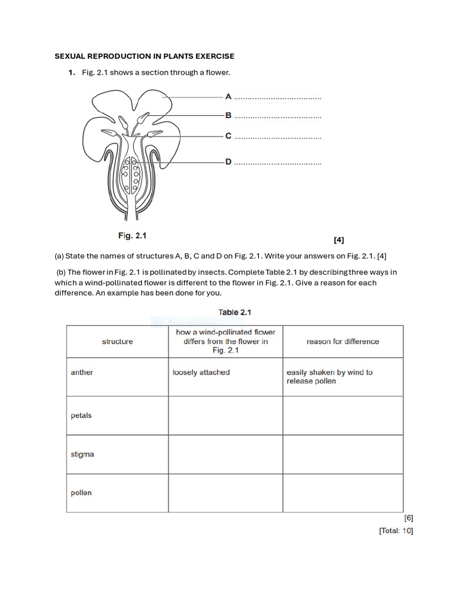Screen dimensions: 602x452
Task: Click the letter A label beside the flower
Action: click(228, 96)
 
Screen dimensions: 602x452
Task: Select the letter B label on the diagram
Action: click(228, 115)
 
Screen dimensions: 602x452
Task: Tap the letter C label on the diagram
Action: click(228, 136)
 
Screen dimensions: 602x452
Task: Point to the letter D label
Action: click(228, 162)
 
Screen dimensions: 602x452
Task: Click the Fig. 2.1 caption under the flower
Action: click(132, 236)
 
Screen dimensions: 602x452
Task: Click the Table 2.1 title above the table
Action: click(235, 312)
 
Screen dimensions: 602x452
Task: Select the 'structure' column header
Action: click(117, 342)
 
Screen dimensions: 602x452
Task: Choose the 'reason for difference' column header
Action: click(343, 342)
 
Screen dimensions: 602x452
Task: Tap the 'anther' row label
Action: click(82, 372)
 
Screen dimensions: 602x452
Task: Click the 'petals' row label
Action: click(81, 416)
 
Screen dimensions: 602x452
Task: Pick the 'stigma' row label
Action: click(82, 454)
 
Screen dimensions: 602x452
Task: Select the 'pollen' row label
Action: click(81, 493)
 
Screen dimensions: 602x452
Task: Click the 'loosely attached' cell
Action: click(201, 372)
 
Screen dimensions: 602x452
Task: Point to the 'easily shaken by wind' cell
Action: click(329, 376)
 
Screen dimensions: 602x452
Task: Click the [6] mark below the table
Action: click(408, 518)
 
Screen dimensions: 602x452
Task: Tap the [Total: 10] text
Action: click(396, 531)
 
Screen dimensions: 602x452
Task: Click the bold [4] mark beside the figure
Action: click(338, 240)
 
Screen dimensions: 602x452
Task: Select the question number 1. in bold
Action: click(71, 72)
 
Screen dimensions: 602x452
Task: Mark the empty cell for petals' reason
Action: click(343, 416)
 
